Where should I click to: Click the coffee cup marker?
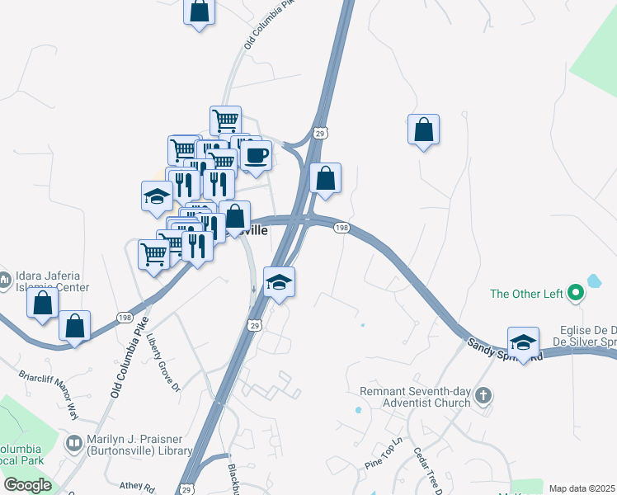pyautogui.click(x=256, y=155)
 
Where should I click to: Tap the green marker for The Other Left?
pyautogui.click(x=577, y=293)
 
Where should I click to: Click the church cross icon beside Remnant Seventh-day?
pyautogui.click(x=483, y=397)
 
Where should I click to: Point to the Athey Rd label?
pyautogui.click(x=137, y=487)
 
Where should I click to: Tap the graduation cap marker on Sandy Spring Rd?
pyautogui.click(x=523, y=342)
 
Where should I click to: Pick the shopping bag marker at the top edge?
pyautogui.click(x=199, y=12)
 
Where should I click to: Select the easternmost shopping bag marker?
pyautogui.click(x=423, y=130)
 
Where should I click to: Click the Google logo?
pyautogui.click(x=27, y=485)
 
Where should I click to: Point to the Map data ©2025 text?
pyautogui.click(x=582, y=488)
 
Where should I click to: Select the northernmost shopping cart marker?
pyautogui.click(x=225, y=121)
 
